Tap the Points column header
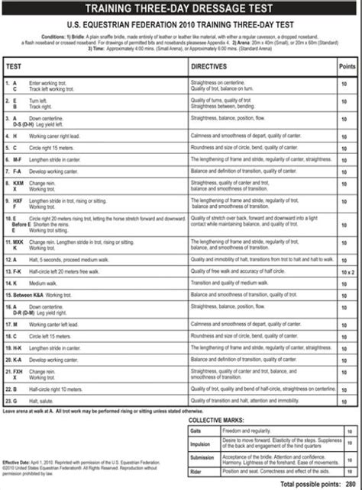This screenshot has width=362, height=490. click(x=344, y=67)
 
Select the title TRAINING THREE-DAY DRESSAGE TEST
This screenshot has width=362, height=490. click(x=181, y=9)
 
